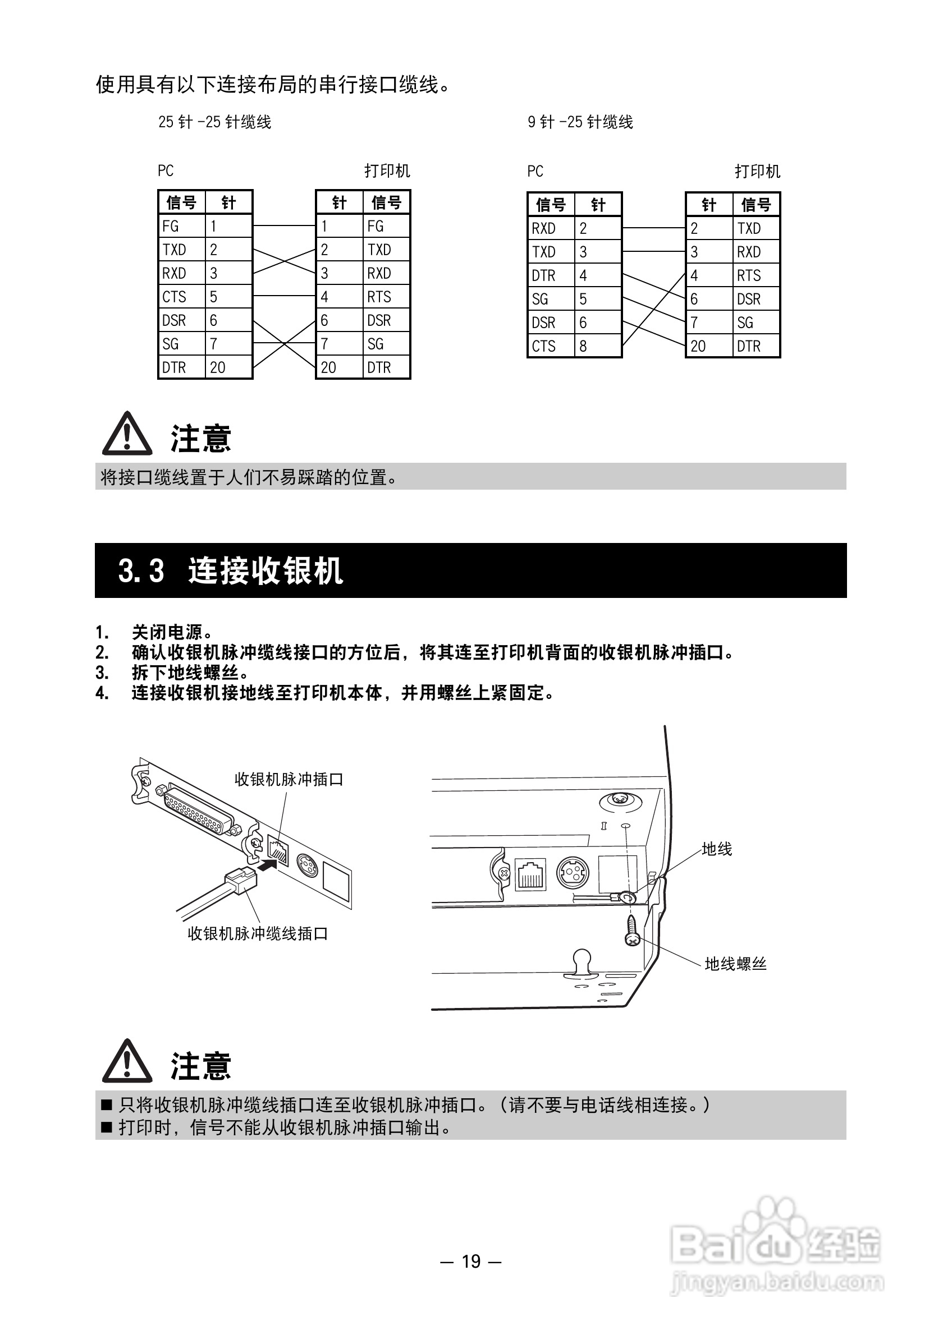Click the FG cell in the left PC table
coord(181,226)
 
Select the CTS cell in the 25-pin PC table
coord(181,297)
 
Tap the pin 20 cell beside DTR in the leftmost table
coord(227,367)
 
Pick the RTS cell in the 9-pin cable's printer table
coord(755,275)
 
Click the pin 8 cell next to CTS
coord(597,346)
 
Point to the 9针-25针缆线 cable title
coord(580,122)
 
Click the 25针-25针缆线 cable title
coord(214,122)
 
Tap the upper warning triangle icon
coord(127,434)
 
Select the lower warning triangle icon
coord(127,1062)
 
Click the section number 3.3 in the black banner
coord(141,570)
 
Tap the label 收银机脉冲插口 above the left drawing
coord(289,780)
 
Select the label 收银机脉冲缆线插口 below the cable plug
coord(258,934)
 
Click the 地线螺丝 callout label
coord(735,964)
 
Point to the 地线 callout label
coord(717,849)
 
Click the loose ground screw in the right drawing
coord(633,930)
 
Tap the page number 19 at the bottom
coord(471,1261)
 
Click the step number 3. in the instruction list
coord(102,673)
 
